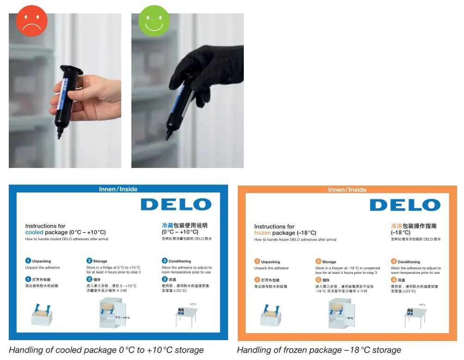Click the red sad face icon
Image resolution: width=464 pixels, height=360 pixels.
[x=32, y=21]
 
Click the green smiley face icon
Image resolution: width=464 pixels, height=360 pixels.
[x=154, y=21]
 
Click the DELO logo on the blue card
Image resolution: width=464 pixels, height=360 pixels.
[x=176, y=205]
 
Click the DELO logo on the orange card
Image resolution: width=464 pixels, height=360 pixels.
[x=405, y=205]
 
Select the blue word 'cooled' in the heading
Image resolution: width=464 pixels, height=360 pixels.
[x=34, y=232]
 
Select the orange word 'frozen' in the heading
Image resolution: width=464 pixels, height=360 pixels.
[x=262, y=233]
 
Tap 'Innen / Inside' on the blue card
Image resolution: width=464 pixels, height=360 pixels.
[x=118, y=189]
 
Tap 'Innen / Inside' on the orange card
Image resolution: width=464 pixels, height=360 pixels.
[x=347, y=190]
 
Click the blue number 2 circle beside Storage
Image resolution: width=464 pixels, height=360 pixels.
[x=89, y=261]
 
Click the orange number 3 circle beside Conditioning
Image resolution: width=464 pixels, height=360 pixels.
[x=394, y=261]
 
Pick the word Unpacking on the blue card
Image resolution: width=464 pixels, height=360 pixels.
[x=42, y=261]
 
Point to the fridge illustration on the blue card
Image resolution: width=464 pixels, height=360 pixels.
[x=113, y=313]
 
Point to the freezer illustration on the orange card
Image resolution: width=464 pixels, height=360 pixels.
[x=342, y=313]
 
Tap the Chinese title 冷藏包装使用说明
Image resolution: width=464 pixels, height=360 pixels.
[x=185, y=225]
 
